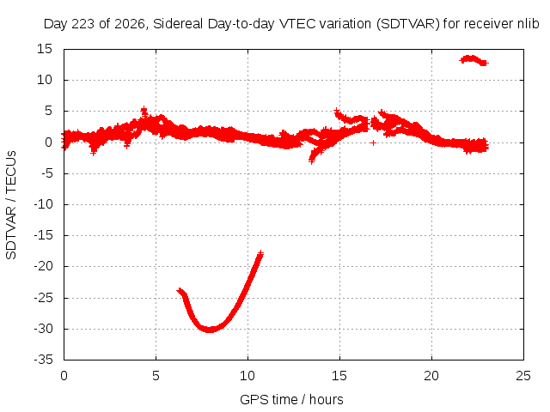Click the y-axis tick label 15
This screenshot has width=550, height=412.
(x=45, y=49)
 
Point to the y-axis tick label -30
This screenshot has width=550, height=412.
(x=43, y=329)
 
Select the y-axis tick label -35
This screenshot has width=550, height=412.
(x=43, y=360)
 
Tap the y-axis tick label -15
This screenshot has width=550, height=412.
(x=43, y=235)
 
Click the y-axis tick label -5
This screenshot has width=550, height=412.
(x=46, y=173)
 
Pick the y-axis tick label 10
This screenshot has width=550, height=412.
(x=45, y=80)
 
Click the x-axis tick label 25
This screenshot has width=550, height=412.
(x=523, y=376)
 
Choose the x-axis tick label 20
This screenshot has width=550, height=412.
(x=431, y=376)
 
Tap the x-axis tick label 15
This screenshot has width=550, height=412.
(x=339, y=376)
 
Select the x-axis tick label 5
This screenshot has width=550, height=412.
(x=156, y=376)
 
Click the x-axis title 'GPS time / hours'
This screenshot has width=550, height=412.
(x=291, y=399)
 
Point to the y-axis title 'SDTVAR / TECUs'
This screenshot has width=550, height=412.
(x=11, y=205)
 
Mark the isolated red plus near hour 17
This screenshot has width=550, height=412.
(x=373, y=142)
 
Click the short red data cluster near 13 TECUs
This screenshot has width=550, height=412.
(x=474, y=60)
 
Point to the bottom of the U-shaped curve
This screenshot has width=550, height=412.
(x=210, y=330)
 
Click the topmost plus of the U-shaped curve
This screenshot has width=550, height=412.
(x=260, y=252)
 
